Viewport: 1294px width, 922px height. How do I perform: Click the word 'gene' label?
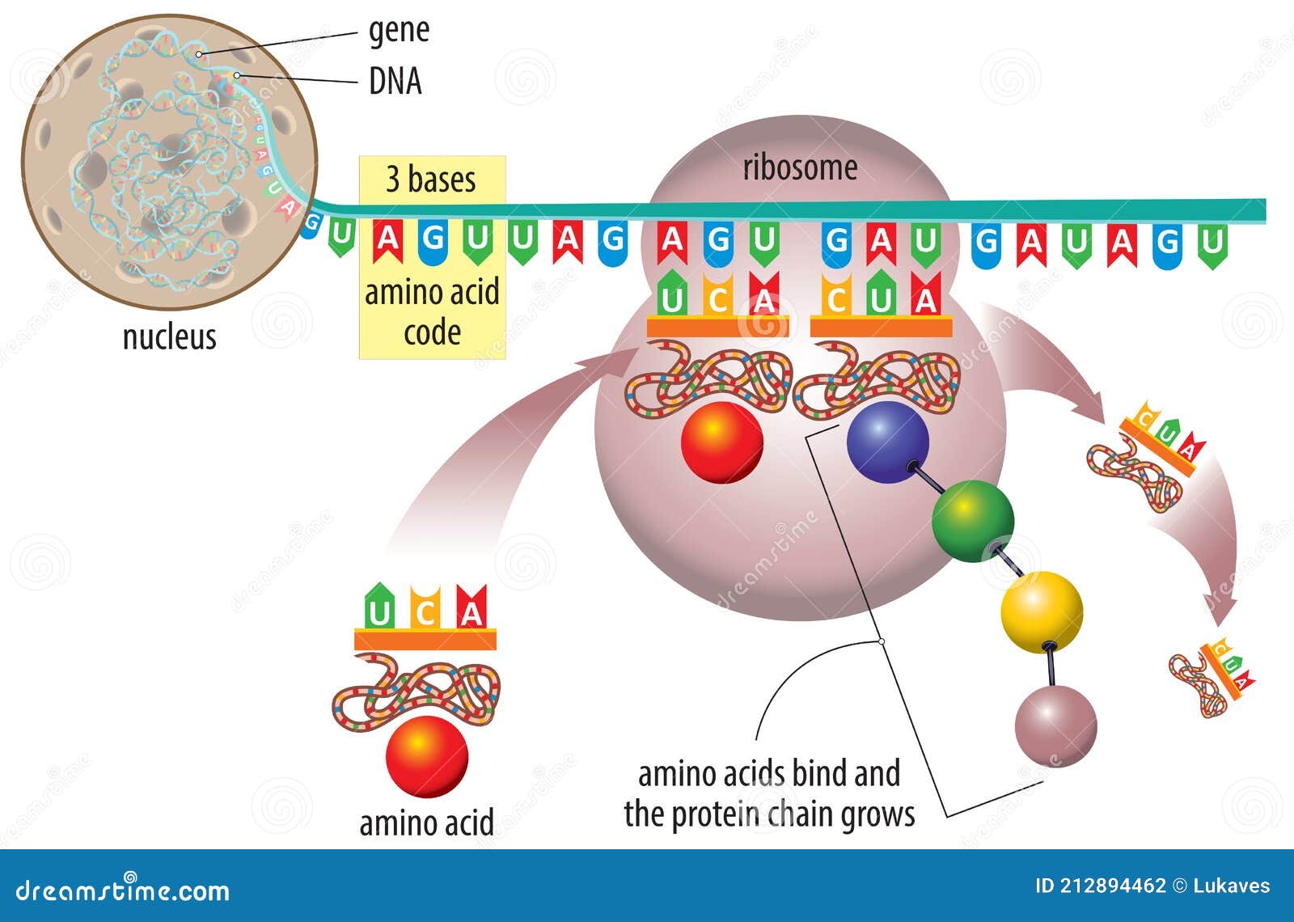[x=399, y=31]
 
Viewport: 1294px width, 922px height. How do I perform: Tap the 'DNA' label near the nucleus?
[x=395, y=81]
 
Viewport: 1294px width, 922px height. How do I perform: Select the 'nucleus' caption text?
[x=169, y=336]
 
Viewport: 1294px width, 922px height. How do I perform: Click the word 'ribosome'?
[x=800, y=167]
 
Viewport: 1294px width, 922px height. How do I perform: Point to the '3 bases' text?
[x=431, y=179]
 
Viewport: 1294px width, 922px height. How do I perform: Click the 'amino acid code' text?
[x=432, y=311]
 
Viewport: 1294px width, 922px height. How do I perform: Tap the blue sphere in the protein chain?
[x=887, y=442]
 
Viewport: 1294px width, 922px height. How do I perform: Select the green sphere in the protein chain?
[x=972, y=521]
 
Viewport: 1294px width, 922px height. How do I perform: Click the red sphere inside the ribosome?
[x=722, y=442]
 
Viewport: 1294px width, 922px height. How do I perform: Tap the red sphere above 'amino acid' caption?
[x=427, y=756]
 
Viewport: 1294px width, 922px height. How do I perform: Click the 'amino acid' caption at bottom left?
[x=426, y=823]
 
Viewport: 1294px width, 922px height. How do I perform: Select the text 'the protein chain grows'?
[x=769, y=814]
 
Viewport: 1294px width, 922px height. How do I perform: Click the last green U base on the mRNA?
[x=1212, y=244]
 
